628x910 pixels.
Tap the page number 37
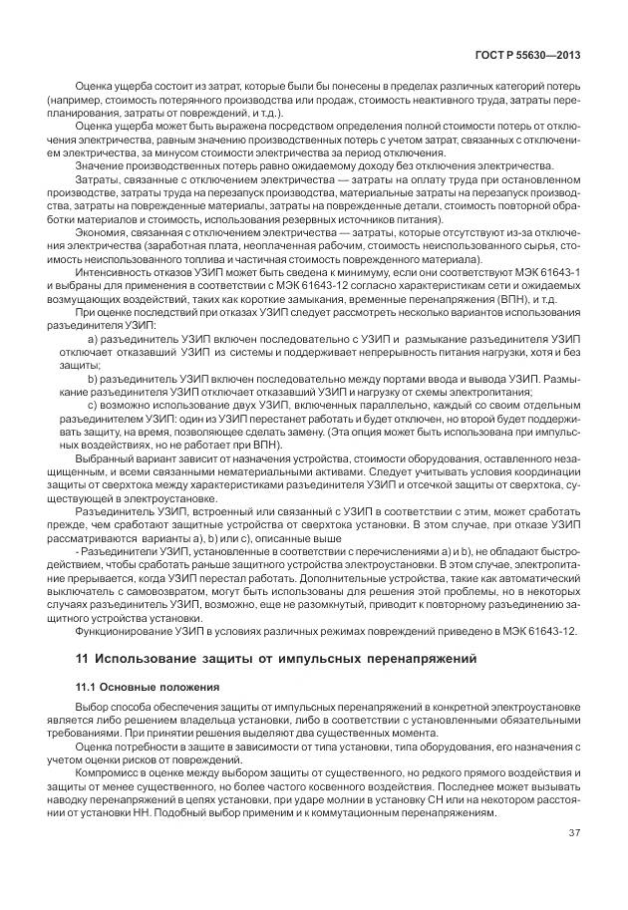[x=574, y=833]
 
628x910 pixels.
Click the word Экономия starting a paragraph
[x=103, y=231]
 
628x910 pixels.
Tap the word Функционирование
[x=122, y=631]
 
